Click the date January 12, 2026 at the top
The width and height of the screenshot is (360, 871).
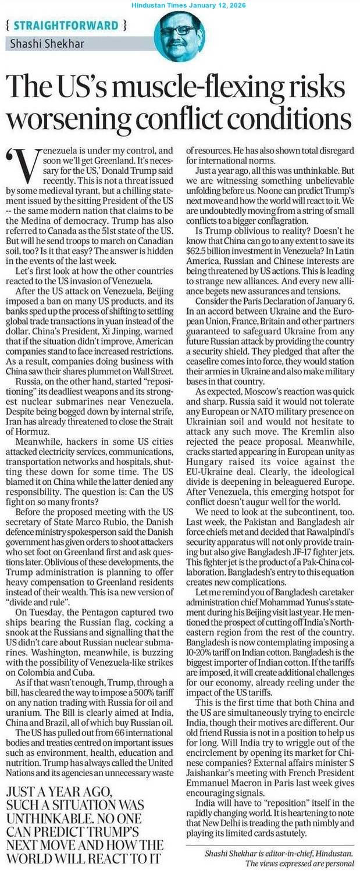(x=216, y=5)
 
